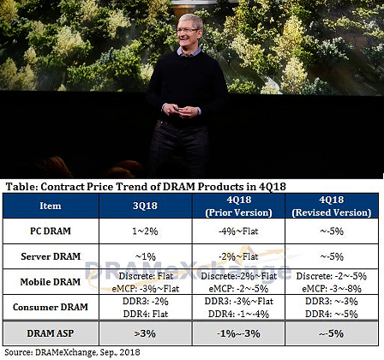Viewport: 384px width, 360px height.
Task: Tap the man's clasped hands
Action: (181, 111)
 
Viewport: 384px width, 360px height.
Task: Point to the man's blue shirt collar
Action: (189, 51)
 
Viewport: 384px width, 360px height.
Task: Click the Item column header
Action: (51, 206)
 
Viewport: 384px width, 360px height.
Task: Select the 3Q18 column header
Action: (145, 206)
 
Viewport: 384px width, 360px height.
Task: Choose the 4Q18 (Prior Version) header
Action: (239, 206)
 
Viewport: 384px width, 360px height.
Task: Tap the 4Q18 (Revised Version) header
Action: (332, 206)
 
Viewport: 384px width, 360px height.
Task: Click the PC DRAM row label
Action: (51, 231)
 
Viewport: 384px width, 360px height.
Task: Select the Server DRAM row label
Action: (51, 256)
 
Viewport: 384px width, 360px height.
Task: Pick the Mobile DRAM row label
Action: (51, 282)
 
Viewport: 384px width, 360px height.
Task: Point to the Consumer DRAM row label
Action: (51, 307)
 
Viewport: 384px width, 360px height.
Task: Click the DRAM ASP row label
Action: (51, 333)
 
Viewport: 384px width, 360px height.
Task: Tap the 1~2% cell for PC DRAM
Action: (145, 231)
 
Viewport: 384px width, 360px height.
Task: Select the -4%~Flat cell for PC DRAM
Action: (238, 231)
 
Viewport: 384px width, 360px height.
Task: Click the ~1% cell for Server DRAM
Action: (145, 256)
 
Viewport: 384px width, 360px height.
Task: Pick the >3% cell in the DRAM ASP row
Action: (145, 333)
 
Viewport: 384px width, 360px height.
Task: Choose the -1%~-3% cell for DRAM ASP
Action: (238, 333)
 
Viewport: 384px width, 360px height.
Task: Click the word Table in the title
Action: (21, 187)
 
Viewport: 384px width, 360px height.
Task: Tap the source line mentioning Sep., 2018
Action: (72, 352)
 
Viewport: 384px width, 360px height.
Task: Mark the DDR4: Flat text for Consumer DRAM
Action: (146, 314)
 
